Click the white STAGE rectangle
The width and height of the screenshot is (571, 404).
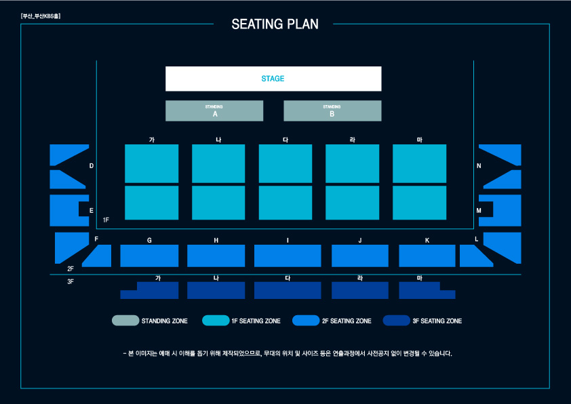click(273, 79)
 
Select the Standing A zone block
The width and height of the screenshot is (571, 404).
click(214, 111)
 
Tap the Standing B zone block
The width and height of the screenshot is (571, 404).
click(332, 111)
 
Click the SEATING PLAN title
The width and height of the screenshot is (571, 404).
click(275, 24)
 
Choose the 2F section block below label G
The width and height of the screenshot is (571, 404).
click(149, 256)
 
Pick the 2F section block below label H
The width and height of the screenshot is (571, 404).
click(216, 256)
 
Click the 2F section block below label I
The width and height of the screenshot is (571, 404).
click(288, 256)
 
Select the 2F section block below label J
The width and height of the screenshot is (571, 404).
click(359, 256)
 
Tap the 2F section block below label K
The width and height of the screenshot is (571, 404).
click(427, 256)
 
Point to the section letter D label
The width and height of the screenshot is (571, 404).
click(92, 166)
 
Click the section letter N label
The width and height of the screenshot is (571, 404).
click(479, 166)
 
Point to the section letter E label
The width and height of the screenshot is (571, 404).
click(92, 211)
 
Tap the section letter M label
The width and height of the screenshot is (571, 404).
click(479, 211)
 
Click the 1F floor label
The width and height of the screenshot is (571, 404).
click(106, 220)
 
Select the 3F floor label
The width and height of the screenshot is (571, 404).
click(71, 281)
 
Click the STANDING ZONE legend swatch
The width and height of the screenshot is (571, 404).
click(125, 321)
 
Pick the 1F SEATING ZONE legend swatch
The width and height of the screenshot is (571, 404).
click(215, 321)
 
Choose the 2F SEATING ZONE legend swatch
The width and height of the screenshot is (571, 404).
click(306, 321)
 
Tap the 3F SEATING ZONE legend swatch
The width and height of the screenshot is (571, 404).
click(396, 321)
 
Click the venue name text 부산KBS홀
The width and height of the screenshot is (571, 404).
click(41, 16)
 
